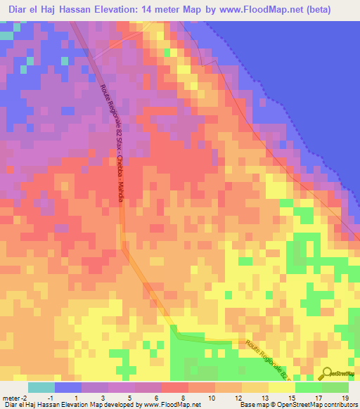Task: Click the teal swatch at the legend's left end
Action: click(x=41, y=387)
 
